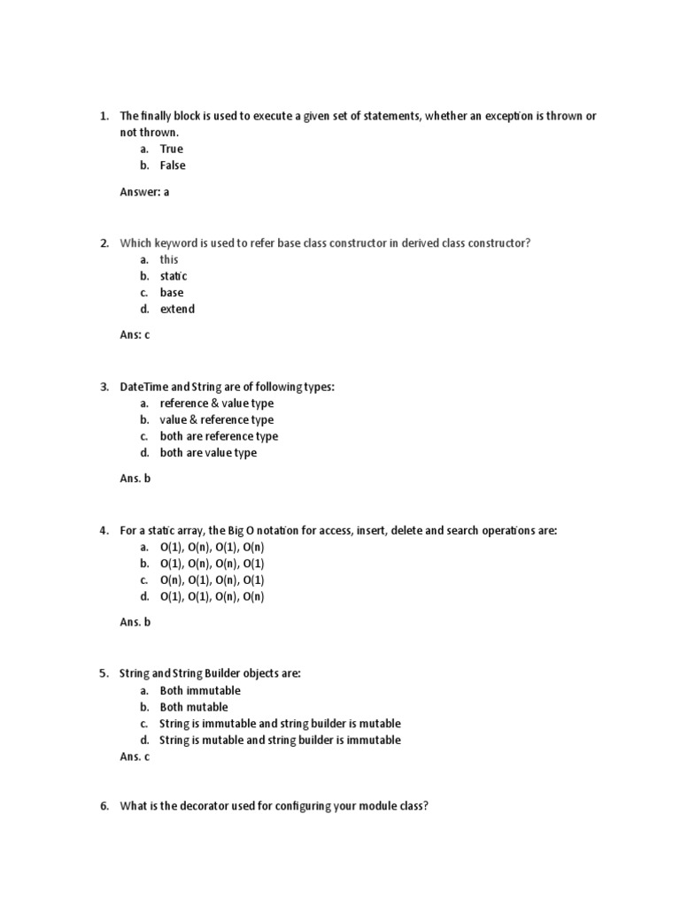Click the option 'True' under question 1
point(171,149)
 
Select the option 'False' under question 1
point(173,165)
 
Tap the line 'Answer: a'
point(144,191)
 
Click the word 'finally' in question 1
point(159,116)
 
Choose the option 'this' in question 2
point(168,259)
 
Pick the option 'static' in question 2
point(174,276)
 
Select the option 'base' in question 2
point(172,293)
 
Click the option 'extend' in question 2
point(177,309)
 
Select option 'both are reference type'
point(219,436)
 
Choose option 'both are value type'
point(208,453)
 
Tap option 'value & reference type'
point(217,420)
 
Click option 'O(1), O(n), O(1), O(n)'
point(212,547)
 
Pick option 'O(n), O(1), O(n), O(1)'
point(212,580)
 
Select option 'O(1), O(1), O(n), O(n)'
point(212,596)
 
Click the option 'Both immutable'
point(200,690)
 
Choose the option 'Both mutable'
point(194,707)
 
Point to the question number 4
point(104,530)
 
